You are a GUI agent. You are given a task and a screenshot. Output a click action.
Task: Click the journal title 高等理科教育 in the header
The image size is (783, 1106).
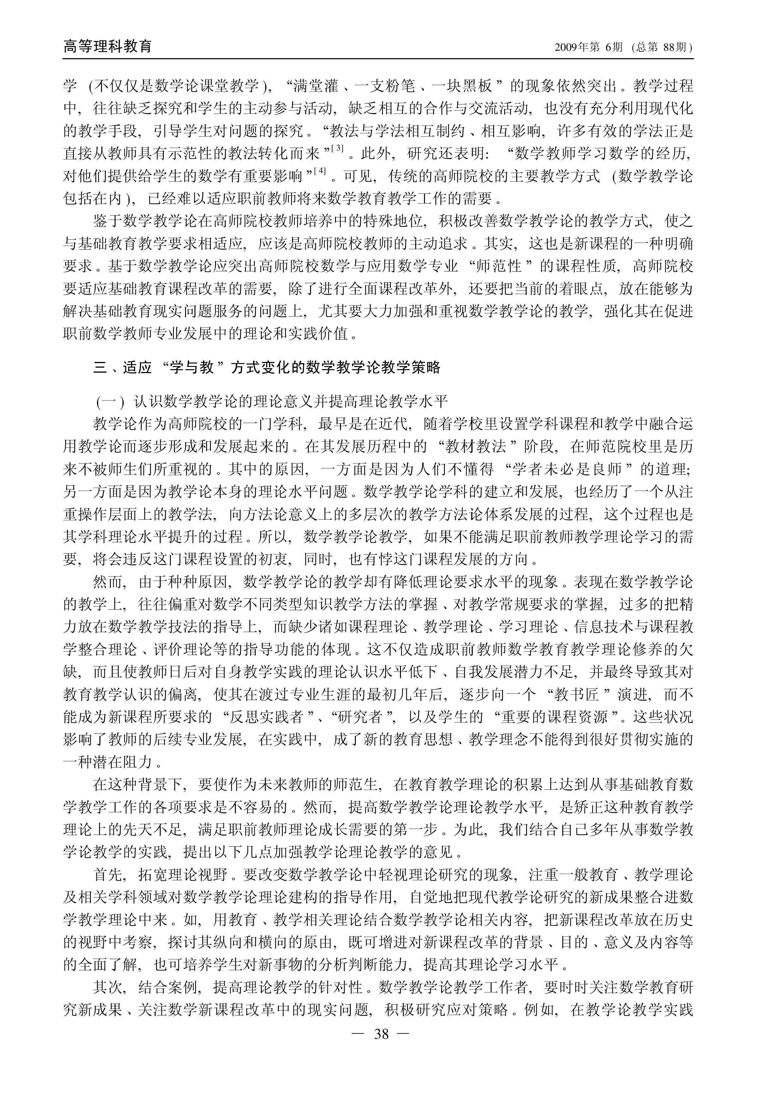[x=108, y=46]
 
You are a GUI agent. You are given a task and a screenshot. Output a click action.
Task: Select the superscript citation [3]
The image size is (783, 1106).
[x=337, y=149]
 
